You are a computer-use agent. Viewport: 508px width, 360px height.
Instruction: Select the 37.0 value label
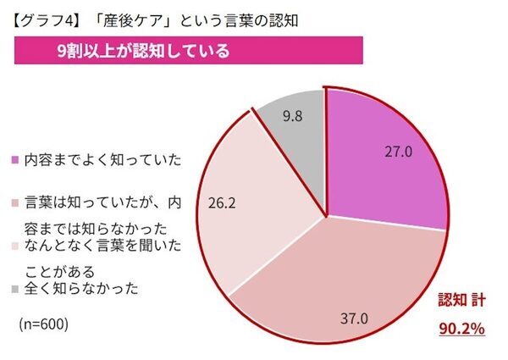[x=354, y=318]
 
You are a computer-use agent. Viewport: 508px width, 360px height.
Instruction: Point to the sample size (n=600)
[x=42, y=324]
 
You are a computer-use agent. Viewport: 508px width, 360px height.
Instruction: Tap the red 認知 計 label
[x=460, y=300]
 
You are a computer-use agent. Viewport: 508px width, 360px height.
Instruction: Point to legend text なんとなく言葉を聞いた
[x=102, y=246]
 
